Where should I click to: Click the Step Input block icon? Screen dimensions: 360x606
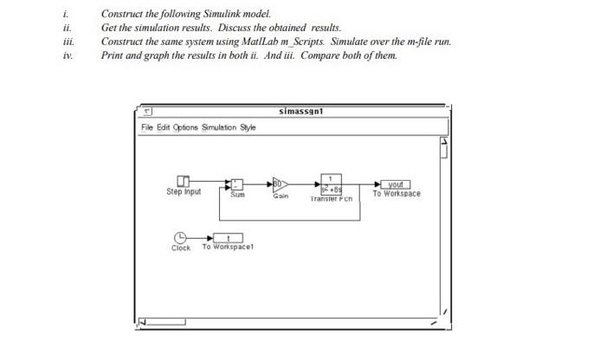pyautogui.click(x=183, y=181)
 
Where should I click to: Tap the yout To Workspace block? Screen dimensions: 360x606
pyautogui.click(x=396, y=183)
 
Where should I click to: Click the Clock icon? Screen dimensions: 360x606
pyautogui.click(x=180, y=236)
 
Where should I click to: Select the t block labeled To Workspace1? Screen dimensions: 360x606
pyautogui.click(x=227, y=237)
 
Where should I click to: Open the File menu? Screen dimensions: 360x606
pyautogui.click(x=148, y=128)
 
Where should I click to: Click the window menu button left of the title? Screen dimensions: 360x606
pyautogui.click(x=148, y=112)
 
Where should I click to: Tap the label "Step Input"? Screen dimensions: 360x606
pyautogui.click(x=183, y=192)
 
